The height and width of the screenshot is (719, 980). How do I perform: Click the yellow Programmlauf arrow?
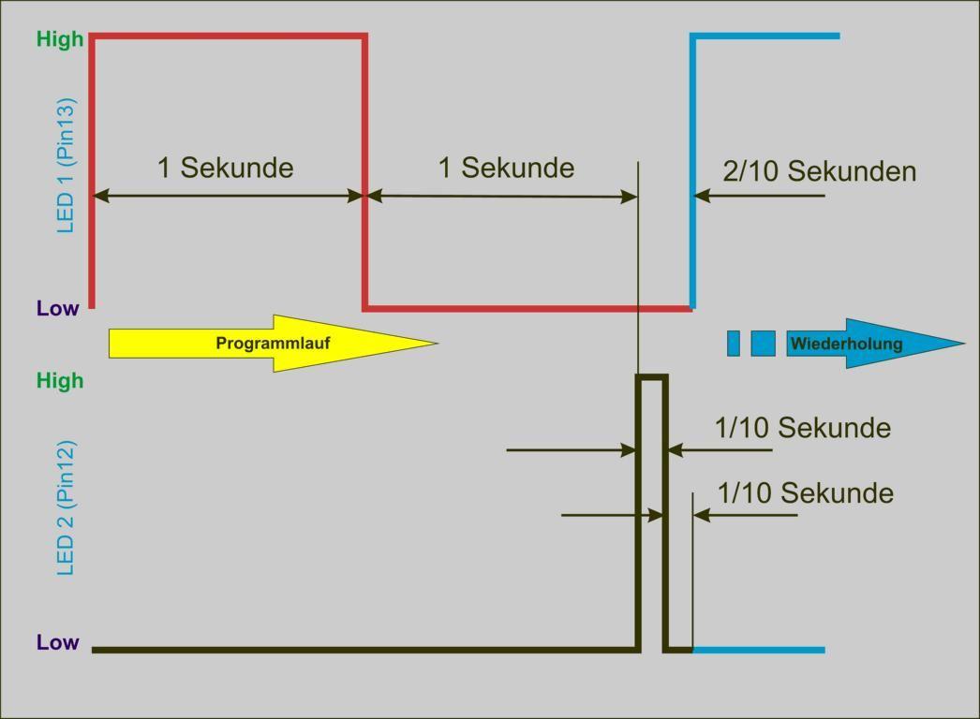tap(272, 344)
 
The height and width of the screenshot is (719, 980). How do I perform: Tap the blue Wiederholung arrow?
tap(871, 344)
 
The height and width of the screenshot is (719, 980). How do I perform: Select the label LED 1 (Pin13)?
tap(66, 165)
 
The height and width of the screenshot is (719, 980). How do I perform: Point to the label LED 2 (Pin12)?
tap(66, 506)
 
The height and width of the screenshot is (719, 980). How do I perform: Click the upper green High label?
tap(60, 39)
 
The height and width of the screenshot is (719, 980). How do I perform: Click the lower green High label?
tap(60, 381)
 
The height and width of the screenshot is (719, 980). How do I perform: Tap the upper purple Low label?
tap(58, 309)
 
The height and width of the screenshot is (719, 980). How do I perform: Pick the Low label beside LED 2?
tap(58, 643)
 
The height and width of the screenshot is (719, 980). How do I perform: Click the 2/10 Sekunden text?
tap(819, 171)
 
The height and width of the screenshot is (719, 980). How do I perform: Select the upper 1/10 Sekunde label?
tap(802, 428)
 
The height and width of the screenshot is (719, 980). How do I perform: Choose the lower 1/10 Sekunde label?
tap(805, 493)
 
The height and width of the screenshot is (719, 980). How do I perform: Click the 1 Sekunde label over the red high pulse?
tap(225, 168)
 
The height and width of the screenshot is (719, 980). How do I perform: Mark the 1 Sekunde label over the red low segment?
tap(506, 168)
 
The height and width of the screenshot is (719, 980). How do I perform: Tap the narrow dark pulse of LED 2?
tap(652, 377)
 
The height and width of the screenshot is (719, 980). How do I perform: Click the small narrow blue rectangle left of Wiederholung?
tap(734, 344)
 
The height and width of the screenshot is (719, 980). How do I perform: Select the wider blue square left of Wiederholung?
tap(763, 344)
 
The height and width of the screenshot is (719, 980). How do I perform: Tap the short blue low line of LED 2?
tap(759, 650)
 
